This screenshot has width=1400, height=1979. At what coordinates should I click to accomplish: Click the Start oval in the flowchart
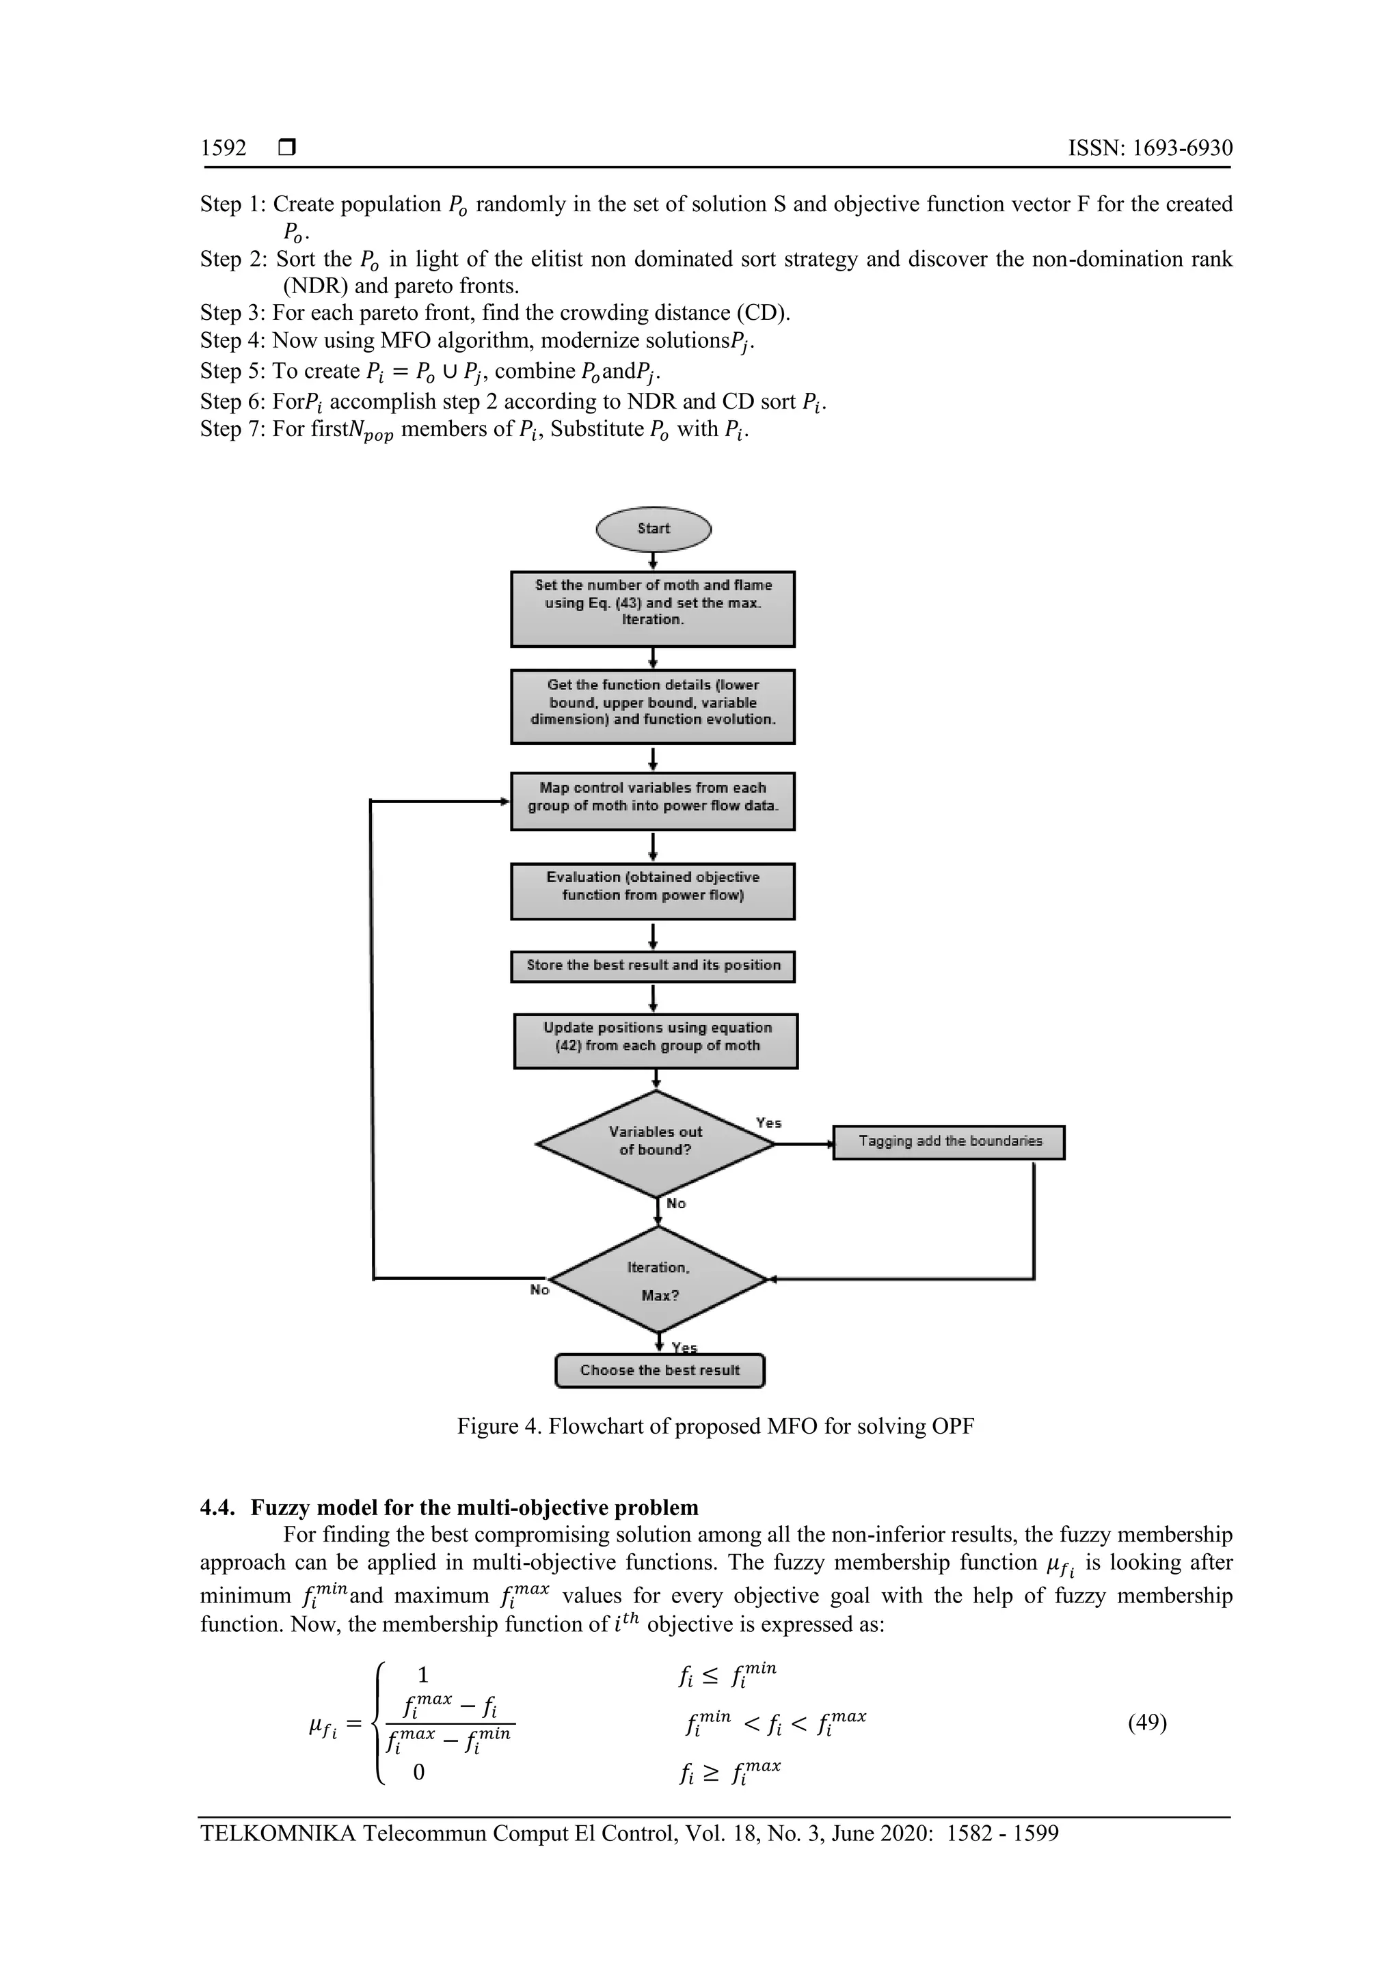click(x=654, y=528)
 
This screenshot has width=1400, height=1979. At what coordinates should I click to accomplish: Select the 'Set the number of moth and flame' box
click(x=653, y=608)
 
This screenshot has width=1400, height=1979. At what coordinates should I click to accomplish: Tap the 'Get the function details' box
click(x=653, y=707)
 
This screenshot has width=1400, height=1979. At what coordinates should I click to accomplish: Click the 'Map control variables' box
click(x=653, y=801)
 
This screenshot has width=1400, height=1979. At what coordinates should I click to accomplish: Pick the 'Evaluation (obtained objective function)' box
click(x=653, y=891)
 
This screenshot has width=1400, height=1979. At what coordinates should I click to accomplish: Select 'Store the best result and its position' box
click(x=653, y=966)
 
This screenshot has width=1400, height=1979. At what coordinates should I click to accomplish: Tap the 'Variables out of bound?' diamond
click(x=655, y=1144)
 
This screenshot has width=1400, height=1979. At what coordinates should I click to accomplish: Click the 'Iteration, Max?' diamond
click(x=658, y=1280)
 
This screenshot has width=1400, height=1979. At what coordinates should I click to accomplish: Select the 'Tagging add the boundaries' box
click(x=948, y=1142)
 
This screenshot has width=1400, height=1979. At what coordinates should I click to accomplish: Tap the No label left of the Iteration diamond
click(x=539, y=1289)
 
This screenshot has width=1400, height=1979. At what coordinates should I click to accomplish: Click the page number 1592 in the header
click(x=224, y=148)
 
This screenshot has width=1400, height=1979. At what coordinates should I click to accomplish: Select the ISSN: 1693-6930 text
click(x=1150, y=148)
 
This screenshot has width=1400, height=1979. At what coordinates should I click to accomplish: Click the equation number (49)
click(x=1148, y=1723)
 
